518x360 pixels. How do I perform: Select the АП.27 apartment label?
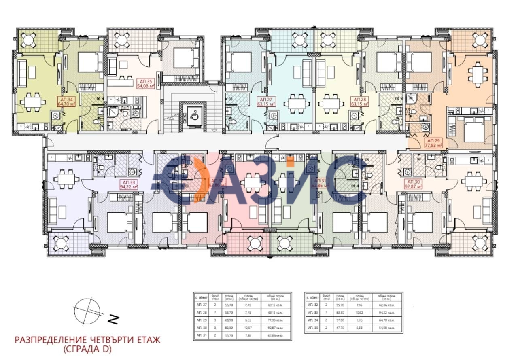[x=266, y=102]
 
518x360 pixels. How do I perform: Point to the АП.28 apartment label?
[x=361, y=102]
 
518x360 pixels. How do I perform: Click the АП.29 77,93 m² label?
[x=433, y=141]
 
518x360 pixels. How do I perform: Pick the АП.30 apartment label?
[x=413, y=184]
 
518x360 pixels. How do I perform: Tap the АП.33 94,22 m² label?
[x=128, y=184]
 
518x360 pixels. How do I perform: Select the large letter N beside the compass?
[x=115, y=320]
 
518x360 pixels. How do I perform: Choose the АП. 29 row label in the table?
[x=200, y=319]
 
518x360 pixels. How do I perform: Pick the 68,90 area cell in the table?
[x=229, y=319]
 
